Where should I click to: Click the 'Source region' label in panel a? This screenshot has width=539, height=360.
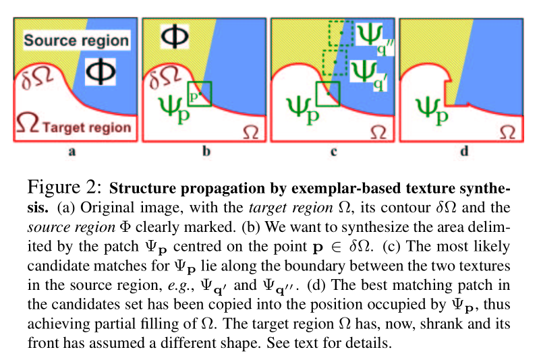click(x=76, y=40)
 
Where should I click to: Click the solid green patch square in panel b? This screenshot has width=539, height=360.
click(x=200, y=94)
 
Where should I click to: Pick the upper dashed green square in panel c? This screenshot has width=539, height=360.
click(x=341, y=33)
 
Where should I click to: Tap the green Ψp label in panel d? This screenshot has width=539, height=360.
click(x=432, y=109)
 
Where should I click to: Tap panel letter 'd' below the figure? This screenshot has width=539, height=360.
click(x=463, y=152)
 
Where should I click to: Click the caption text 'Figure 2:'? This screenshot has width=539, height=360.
click(x=65, y=185)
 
